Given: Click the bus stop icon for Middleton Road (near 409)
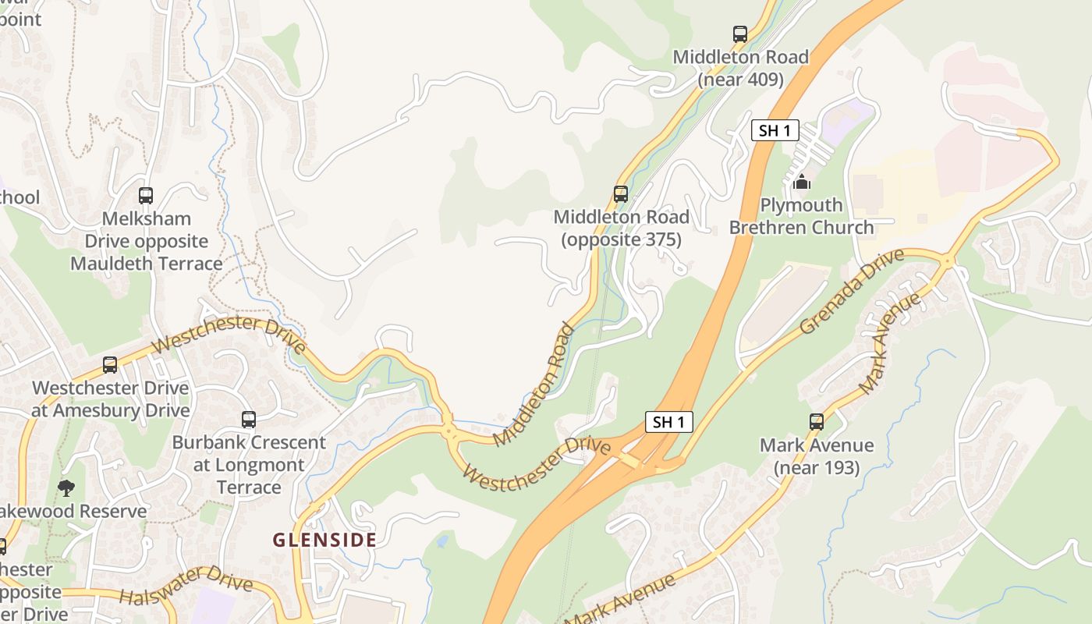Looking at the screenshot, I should pos(739,34).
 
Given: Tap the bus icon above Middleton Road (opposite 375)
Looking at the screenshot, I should pos(621,193).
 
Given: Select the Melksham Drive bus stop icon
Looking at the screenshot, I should pos(146,196).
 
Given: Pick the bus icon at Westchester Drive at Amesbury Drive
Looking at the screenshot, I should pos(110,365).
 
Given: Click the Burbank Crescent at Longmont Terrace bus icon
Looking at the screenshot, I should pos(249,420).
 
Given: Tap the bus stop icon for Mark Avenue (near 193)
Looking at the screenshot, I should pos(817,422).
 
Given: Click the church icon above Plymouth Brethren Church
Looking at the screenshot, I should pos(801,183).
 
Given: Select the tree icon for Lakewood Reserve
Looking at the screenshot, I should pos(66,488).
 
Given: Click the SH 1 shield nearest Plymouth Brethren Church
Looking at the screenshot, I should pos(775,130).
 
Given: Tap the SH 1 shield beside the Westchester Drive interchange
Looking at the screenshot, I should pos(669,422).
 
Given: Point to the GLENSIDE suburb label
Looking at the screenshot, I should pos(324,540).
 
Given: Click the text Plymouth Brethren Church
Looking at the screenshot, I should pos(801,217).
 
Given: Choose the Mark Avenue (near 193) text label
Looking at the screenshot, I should pos(817,456).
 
